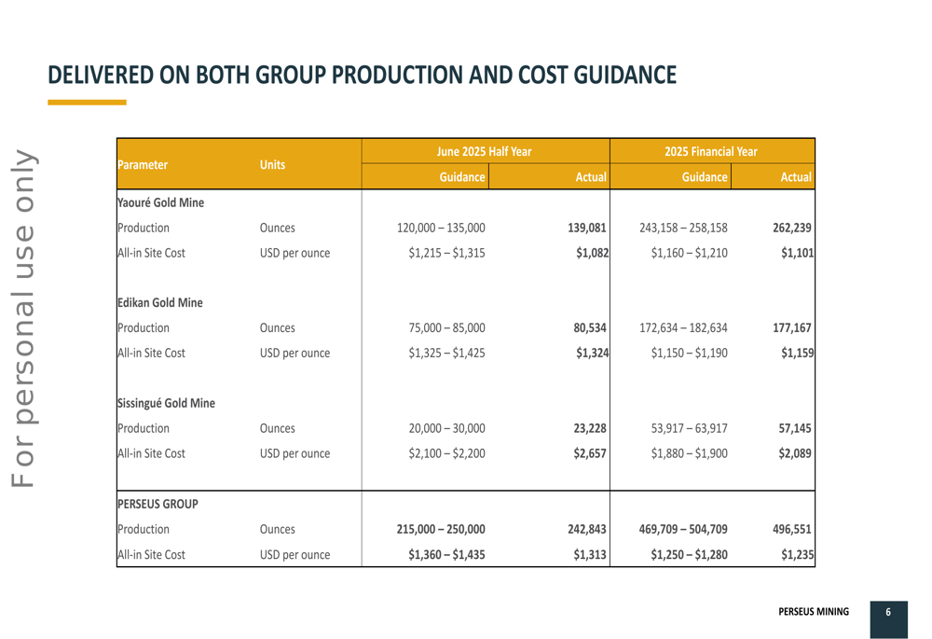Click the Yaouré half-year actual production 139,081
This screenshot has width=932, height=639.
[587, 228]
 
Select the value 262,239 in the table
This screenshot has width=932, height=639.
[792, 228]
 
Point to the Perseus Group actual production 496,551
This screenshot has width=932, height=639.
[792, 530]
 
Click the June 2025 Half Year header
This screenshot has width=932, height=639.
[484, 151]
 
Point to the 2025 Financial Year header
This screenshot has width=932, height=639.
[711, 151]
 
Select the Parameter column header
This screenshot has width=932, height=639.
[143, 165]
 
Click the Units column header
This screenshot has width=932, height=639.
[272, 165]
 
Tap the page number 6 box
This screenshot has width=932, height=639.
[888, 612]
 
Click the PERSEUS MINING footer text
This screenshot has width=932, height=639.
[814, 612]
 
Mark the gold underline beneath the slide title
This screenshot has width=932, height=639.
[87, 102]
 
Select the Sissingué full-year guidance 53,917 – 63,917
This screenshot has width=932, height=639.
[684, 429]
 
